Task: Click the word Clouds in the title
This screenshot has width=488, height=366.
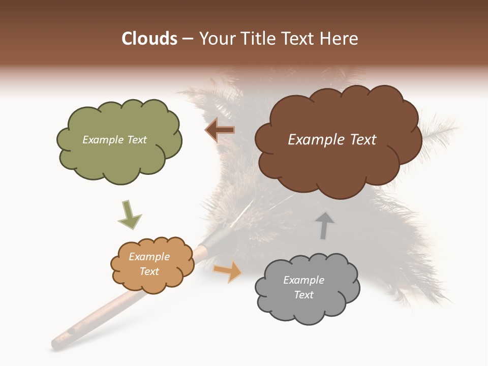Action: tap(149, 39)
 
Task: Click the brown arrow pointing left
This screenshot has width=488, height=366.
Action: tap(220, 130)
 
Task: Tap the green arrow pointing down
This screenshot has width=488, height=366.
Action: tap(130, 215)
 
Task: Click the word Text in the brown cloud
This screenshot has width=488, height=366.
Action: tap(360, 140)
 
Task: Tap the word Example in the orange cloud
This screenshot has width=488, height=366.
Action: tap(149, 257)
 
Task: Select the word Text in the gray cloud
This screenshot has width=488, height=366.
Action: tap(304, 295)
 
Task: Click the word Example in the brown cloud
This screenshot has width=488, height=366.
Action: tap(315, 140)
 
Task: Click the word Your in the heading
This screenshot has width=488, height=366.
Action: tap(215, 39)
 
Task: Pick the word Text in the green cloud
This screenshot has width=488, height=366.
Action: tap(136, 140)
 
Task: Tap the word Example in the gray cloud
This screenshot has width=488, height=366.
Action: tap(303, 280)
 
